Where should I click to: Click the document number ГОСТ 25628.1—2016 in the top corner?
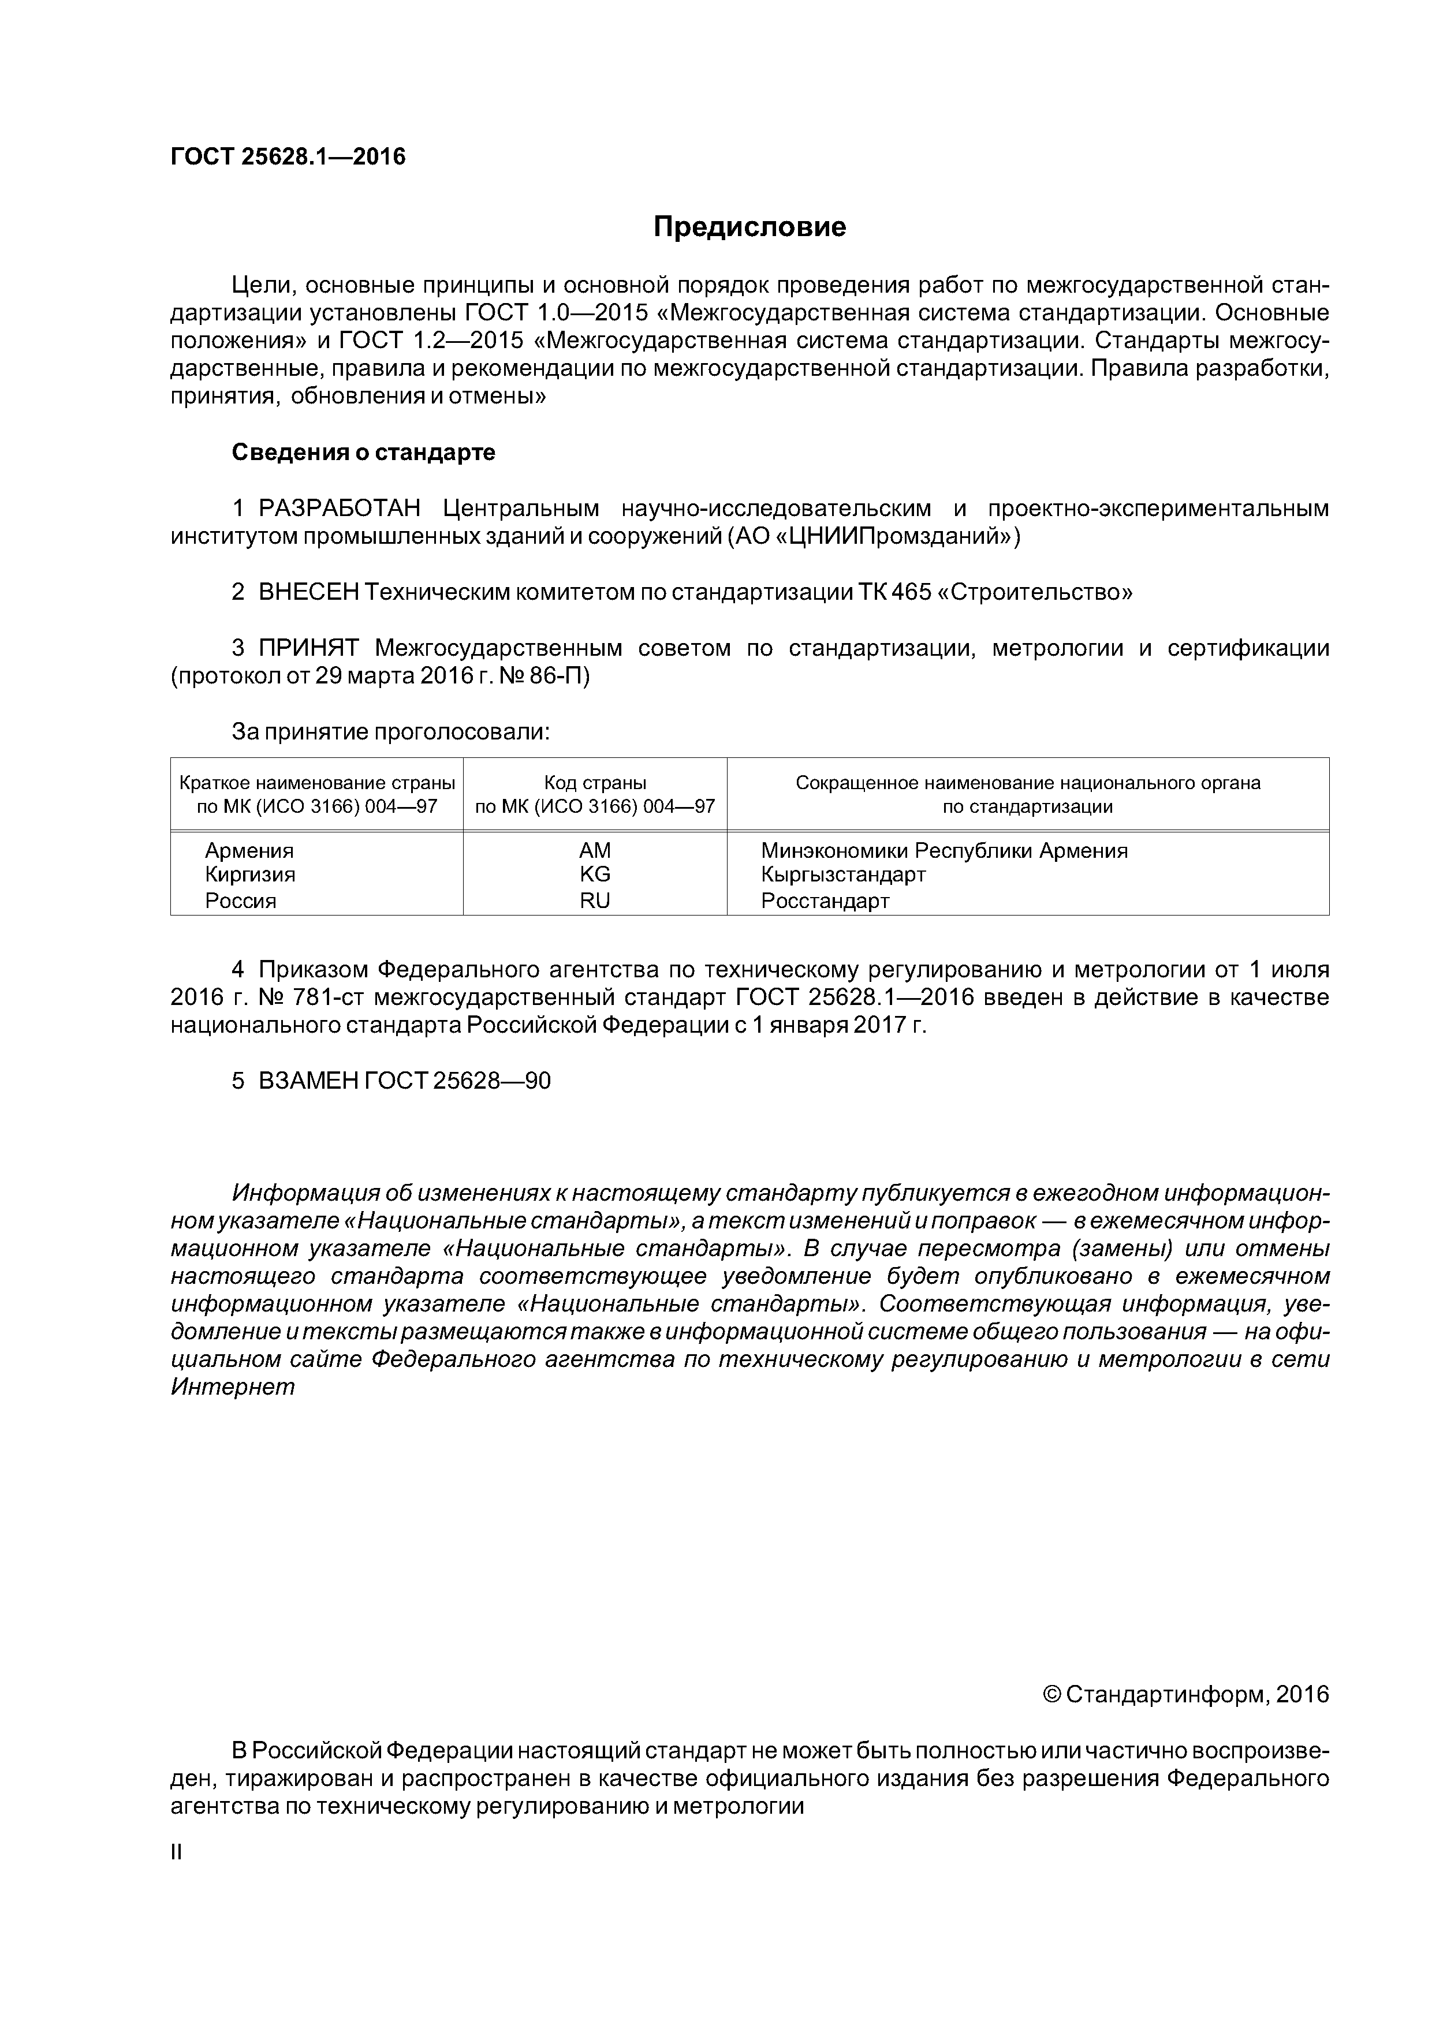pyautogui.click(x=288, y=157)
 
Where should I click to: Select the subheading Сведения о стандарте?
pyautogui.click(x=364, y=453)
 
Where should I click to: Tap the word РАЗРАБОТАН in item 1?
pyautogui.click(x=339, y=509)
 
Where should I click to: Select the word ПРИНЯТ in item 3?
pyautogui.click(x=308, y=648)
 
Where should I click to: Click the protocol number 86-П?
pyautogui.click(x=560, y=677)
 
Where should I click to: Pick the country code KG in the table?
pyautogui.click(x=595, y=874)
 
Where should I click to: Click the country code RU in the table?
pyautogui.click(x=595, y=901)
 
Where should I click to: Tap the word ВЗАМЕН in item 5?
pyautogui.click(x=308, y=1081)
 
